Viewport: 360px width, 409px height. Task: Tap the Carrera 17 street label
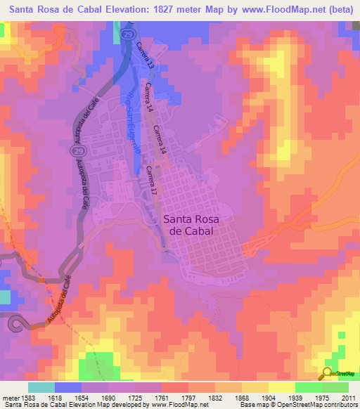(x=152, y=179)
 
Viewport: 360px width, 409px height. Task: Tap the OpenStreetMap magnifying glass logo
(x=328, y=373)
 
